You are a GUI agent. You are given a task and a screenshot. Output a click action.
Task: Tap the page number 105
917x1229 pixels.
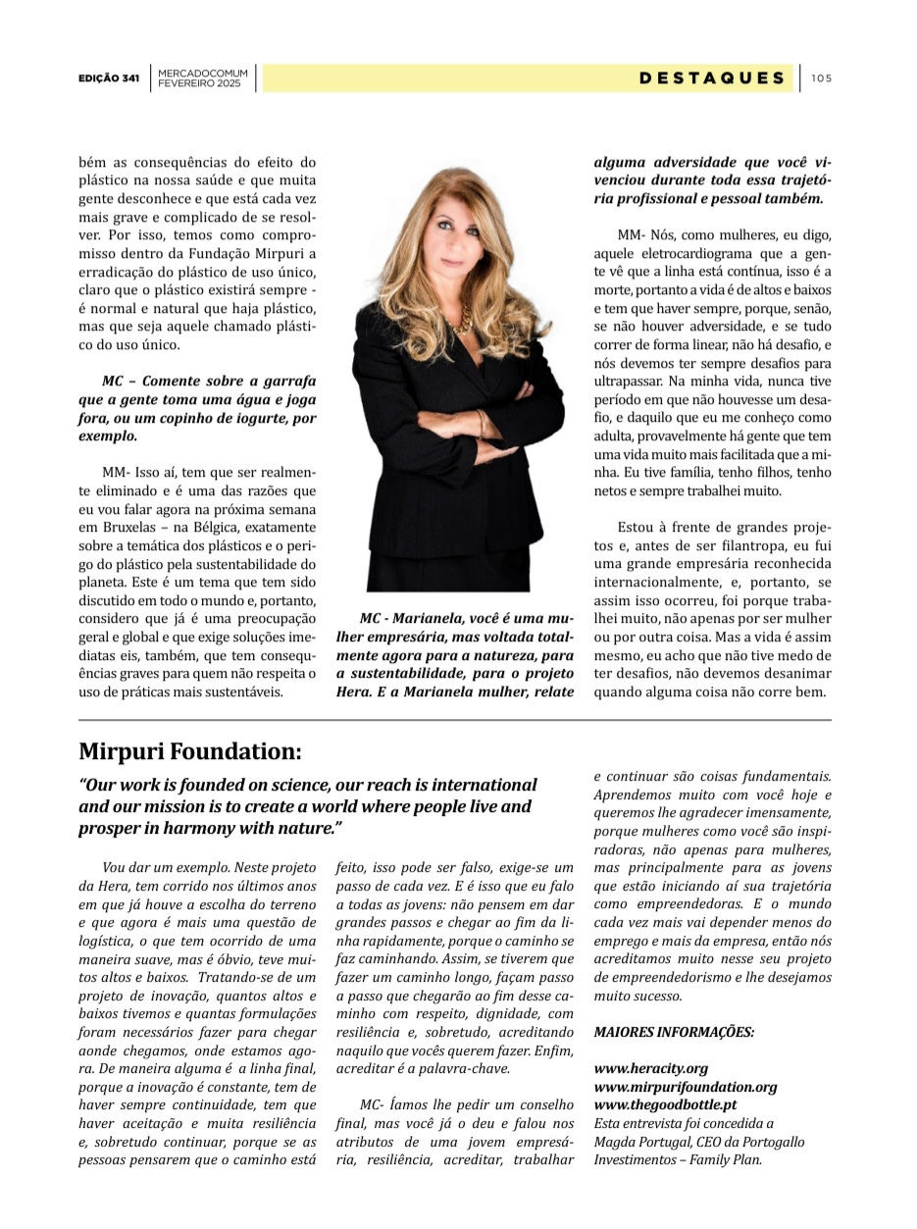click(x=822, y=78)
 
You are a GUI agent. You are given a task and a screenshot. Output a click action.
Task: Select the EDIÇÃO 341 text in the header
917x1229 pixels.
click(x=109, y=78)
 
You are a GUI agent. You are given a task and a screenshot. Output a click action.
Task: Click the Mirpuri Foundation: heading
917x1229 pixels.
click(x=189, y=752)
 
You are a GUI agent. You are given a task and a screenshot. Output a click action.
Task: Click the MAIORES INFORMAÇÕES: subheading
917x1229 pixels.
click(x=674, y=1032)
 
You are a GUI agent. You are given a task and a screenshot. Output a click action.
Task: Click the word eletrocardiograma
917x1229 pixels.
click(x=682, y=254)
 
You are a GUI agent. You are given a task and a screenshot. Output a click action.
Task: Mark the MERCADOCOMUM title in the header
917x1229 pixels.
click(x=203, y=74)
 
